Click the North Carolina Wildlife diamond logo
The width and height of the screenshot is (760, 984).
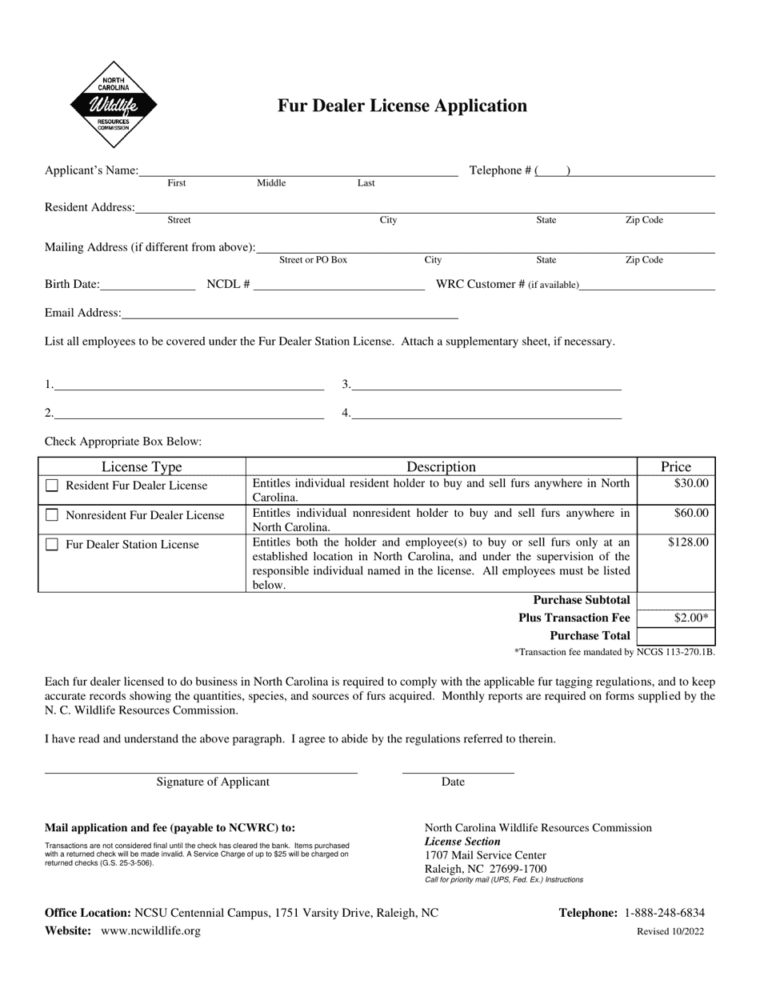[113, 105]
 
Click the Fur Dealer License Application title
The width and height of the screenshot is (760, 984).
[402, 106]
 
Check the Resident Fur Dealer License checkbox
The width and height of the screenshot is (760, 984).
[52, 486]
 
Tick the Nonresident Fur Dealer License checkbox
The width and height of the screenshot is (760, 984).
[52, 515]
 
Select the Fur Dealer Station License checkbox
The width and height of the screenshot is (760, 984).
[52, 545]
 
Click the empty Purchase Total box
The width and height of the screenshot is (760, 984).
[676, 636]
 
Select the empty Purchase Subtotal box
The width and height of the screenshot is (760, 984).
[676, 600]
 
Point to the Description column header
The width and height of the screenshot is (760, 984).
[441, 466]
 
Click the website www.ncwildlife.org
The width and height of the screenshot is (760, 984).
[151, 930]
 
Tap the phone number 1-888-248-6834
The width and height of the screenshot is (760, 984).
[664, 913]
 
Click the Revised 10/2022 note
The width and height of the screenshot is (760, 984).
[670, 931]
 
